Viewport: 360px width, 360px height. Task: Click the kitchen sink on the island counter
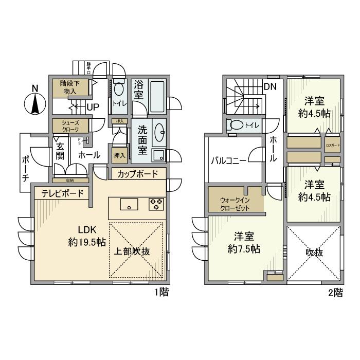click(x=129, y=204)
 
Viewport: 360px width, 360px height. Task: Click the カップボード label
click(x=138, y=174)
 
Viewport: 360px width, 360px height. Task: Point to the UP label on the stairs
click(x=93, y=107)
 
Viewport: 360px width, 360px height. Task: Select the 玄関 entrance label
click(x=60, y=150)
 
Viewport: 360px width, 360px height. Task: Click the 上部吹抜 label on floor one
click(x=132, y=252)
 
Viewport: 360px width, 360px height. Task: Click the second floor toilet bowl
click(x=237, y=124)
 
